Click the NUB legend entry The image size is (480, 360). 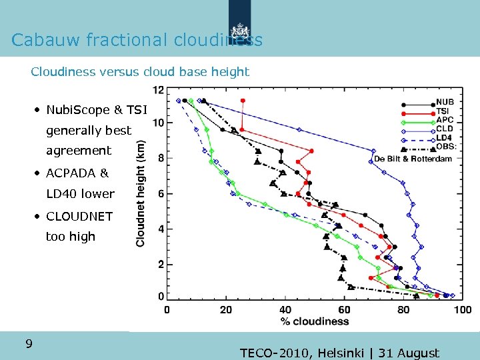[445, 103]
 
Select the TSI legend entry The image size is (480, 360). [443, 111]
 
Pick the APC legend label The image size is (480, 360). [445, 120]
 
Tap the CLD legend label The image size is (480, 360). [445, 129]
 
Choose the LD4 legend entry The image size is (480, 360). [445, 137]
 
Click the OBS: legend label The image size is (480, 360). [446, 146]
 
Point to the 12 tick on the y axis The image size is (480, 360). [159, 89]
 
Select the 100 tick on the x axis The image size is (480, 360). [461, 310]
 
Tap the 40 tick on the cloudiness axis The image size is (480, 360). [285, 310]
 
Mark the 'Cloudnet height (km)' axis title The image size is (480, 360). [141, 193]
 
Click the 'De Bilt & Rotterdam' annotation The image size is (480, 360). [413, 159]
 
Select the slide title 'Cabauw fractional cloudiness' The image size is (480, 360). [137, 40]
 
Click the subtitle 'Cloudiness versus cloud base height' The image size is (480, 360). [140, 71]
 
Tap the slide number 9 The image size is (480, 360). [29, 344]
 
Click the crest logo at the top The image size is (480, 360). [239, 30]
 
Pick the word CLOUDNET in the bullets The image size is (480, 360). [79, 216]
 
